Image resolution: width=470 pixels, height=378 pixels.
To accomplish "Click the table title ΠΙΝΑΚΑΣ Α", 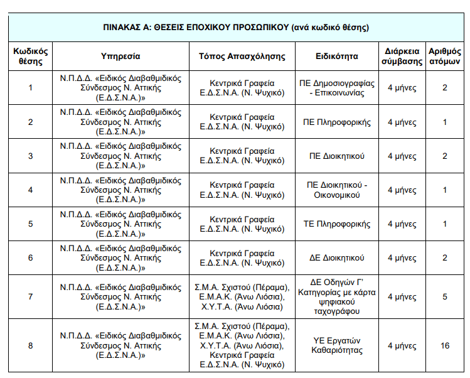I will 235,28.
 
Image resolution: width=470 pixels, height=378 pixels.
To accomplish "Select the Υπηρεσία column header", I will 120,56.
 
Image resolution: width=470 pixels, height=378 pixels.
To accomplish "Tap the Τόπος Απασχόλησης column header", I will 242,56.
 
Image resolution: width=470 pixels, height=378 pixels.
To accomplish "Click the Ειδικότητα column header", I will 336,56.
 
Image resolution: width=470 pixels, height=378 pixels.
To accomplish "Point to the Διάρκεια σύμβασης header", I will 402,56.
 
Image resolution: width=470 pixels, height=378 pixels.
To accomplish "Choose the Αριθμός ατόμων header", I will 444,56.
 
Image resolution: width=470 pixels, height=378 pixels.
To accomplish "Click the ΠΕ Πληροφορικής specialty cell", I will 336,122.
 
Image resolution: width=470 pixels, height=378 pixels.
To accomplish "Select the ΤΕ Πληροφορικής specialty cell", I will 336,224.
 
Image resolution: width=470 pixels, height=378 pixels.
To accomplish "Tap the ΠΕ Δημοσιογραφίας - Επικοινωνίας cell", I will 336,88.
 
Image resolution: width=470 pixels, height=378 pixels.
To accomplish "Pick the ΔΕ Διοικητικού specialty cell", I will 336,258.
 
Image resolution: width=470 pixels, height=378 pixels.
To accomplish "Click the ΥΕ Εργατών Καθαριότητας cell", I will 336,346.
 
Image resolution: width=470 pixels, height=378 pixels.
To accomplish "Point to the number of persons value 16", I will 444,346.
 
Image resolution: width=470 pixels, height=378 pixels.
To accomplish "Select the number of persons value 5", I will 444,297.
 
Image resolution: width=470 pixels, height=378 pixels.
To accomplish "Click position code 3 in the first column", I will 31,156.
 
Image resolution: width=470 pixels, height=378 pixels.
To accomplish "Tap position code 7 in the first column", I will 31,297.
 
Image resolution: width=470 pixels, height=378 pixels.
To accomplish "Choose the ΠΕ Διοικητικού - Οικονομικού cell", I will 336,190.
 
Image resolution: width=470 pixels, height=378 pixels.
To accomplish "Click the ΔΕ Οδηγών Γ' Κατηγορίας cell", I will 336,297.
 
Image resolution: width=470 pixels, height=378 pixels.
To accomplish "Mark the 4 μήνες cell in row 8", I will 402,346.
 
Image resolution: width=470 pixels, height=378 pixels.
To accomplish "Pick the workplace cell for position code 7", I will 242,297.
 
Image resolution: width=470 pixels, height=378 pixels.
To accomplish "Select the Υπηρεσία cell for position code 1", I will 120,88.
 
